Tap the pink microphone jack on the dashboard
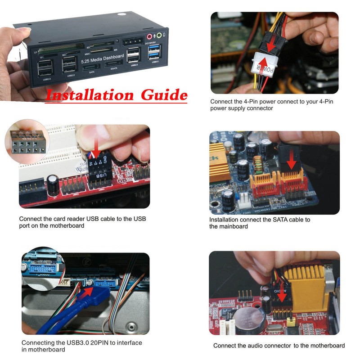tap(148, 36)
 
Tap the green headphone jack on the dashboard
tap(159, 36)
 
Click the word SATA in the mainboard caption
tap(274, 220)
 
